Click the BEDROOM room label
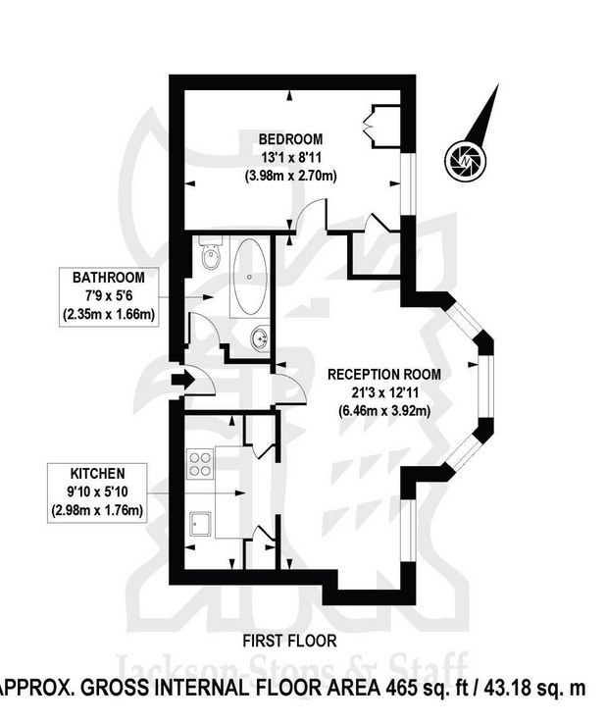pos(290,139)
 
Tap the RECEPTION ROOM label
pos(384,374)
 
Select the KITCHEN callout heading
pos(97,474)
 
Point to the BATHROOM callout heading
pos(109,278)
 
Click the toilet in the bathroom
pos(211,253)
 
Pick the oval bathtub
pos(250,277)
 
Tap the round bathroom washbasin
pos(260,338)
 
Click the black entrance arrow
pos(181,381)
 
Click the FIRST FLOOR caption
pos(289,641)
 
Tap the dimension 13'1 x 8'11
pos(291,157)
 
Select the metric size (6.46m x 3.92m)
pos(384,410)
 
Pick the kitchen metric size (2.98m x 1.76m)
pos(97,511)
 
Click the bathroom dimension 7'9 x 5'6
pos(109,296)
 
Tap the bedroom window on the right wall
pos(408,184)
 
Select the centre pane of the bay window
pos(485,387)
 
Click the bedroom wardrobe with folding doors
pos(381,127)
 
